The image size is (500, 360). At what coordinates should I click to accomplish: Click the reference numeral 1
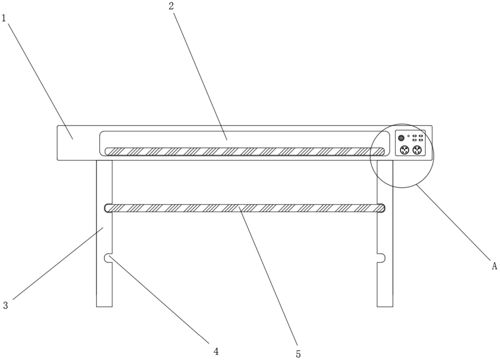[x=4, y=18]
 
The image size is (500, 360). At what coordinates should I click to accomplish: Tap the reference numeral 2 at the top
[x=171, y=6]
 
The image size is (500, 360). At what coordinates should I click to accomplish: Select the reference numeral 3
[x=5, y=306]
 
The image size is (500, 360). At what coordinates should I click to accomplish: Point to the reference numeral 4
[x=216, y=351]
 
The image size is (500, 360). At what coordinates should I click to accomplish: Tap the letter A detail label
[x=494, y=266]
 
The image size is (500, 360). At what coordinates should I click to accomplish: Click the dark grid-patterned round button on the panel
[x=401, y=138]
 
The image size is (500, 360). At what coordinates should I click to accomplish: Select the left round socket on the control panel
[x=404, y=150]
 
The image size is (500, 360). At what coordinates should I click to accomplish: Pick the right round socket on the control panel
[x=417, y=150]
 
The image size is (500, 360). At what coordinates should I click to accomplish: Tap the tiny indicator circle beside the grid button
[x=409, y=136]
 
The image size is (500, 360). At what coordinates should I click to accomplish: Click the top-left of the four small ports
[x=414, y=136]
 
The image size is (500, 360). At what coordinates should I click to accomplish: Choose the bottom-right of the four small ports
[x=421, y=140]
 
